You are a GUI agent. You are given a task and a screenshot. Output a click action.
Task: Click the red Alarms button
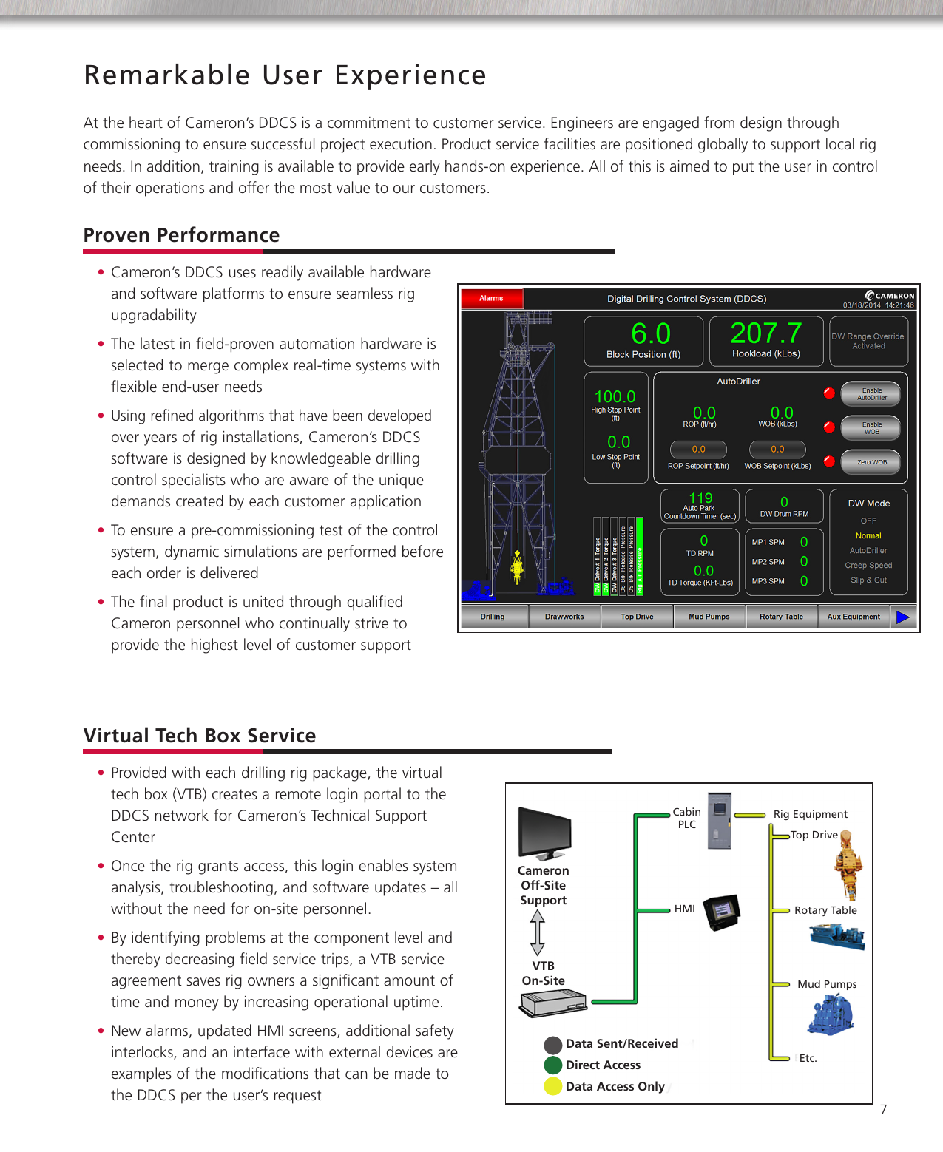click(491, 298)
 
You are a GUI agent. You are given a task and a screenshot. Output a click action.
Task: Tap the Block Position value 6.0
click(650, 333)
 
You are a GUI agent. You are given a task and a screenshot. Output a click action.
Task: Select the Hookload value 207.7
click(765, 333)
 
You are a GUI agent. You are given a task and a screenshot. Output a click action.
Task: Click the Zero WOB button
click(871, 462)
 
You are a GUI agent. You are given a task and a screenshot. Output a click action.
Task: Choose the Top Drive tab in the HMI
click(637, 616)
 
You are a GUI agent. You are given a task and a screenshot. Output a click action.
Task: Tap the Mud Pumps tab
click(709, 616)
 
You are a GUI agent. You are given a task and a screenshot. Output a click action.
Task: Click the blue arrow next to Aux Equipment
click(903, 616)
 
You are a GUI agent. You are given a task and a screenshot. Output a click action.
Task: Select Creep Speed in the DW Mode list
click(868, 565)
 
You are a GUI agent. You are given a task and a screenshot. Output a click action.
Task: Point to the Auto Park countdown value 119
click(700, 498)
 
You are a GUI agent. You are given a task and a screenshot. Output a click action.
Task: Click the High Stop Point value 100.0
click(615, 396)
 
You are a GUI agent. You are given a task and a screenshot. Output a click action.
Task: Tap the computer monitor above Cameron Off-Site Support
click(544, 833)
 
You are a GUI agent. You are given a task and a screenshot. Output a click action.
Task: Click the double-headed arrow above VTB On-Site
click(538, 932)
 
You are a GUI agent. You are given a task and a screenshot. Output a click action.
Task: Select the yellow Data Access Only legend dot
click(552, 1086)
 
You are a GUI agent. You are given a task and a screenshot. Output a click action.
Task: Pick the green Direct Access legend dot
click(552, 1065)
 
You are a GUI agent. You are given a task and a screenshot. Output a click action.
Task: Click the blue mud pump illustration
click(831, 1014)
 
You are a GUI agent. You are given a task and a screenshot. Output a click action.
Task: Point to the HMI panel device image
click(721, 912)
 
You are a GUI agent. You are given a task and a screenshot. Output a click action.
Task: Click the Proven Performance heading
click(181, 235)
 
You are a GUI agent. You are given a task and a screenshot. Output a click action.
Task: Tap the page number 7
click(883, 1109)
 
